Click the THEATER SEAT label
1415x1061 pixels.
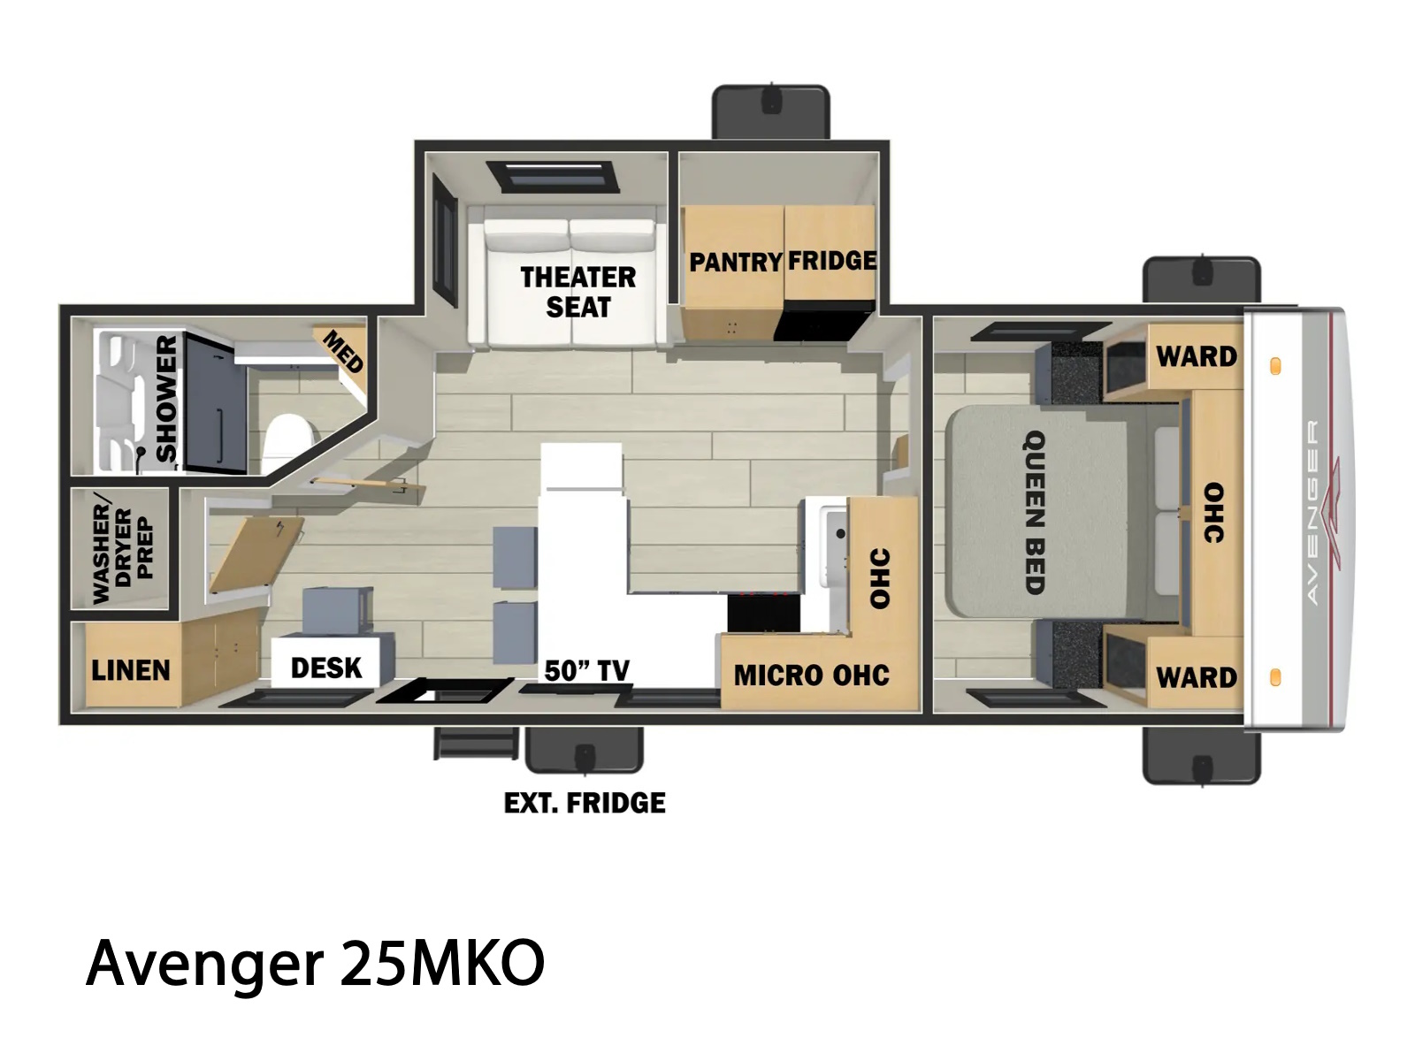click(578, 292)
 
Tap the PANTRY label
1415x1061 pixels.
click(736, 263)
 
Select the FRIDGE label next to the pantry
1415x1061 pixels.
click(831, 261)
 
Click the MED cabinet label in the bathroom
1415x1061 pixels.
click(343, 351)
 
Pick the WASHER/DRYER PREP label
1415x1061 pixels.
click(122, 553)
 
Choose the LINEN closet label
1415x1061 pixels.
click(131, 670)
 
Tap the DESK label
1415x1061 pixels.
click(326, 668)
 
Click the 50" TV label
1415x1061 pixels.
click(586, 670)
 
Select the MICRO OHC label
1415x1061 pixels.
click(812, 676)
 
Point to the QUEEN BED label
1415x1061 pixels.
click(1035, 512)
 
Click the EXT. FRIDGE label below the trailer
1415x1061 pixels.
click(585, 804)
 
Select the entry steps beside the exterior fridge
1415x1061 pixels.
click(476, 744)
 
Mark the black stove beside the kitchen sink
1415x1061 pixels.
click(764, 613)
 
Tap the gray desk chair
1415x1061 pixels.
click(338, 611)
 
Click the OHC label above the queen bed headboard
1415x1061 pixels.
click(1213, 513)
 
